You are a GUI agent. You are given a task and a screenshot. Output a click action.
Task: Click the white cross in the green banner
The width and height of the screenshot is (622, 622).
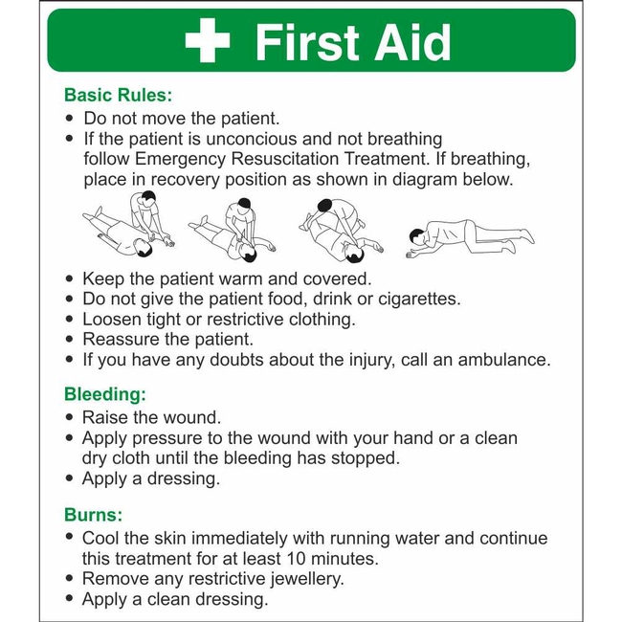[x=208, y=43]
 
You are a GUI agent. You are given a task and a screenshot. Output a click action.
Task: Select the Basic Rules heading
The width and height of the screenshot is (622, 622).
[x=118, y=96]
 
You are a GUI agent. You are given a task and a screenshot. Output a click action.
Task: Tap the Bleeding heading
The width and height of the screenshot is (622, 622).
[x=105, y=393]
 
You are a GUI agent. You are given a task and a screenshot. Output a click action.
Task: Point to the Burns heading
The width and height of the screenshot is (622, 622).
[x=93, y=514]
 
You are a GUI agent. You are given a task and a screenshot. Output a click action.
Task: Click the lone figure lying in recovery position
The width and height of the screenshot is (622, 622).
[x=469, y=234]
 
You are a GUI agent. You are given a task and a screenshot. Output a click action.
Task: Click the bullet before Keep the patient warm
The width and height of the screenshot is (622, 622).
[x=69, y=279]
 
